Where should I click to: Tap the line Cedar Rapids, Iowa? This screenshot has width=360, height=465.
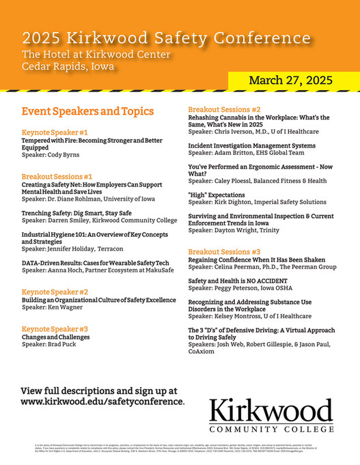68,66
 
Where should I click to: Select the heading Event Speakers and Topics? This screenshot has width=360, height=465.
87,111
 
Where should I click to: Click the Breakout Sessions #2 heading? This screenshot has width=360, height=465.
224,109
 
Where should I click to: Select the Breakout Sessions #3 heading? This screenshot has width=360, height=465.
224,251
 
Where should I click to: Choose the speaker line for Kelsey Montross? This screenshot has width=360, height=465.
249,316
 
